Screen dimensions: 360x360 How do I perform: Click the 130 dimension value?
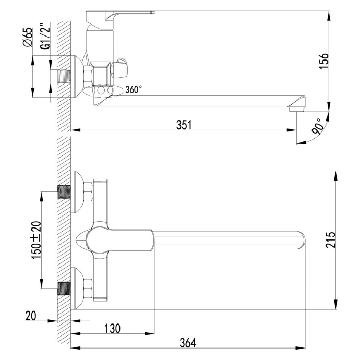(112, 328)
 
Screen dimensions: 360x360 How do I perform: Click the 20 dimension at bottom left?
(31, 316)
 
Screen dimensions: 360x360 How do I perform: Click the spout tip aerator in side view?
(295, 107)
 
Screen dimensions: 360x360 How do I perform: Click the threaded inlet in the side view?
(62, 77)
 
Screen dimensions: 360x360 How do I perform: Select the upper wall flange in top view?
(78, 193)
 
